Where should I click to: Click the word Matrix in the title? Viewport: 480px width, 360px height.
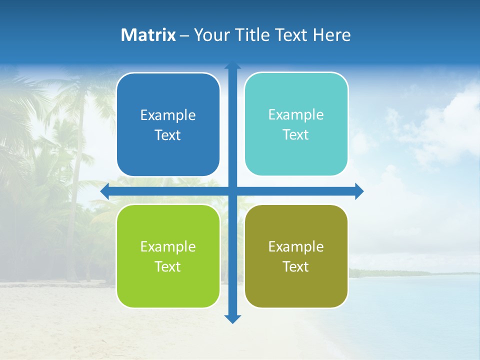click(148, 35)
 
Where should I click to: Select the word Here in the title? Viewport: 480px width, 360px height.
click(331, 35)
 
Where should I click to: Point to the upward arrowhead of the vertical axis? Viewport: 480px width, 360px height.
click(232, 65)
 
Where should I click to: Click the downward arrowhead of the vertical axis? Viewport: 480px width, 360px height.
click(232, 319)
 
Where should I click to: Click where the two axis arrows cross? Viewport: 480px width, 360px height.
click(232, 191)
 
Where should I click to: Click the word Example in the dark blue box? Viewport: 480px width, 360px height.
click(168, 115)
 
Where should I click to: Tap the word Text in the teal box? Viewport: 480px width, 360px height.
click(296, 135)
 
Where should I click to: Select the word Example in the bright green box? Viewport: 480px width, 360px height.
click(168, 246)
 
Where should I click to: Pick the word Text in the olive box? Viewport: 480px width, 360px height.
click(296, 266)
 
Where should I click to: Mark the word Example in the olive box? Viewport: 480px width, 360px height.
click(296, 246)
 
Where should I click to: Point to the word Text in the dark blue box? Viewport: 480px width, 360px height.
click(168, 135)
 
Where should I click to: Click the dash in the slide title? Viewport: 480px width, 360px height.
click(184, 35)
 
